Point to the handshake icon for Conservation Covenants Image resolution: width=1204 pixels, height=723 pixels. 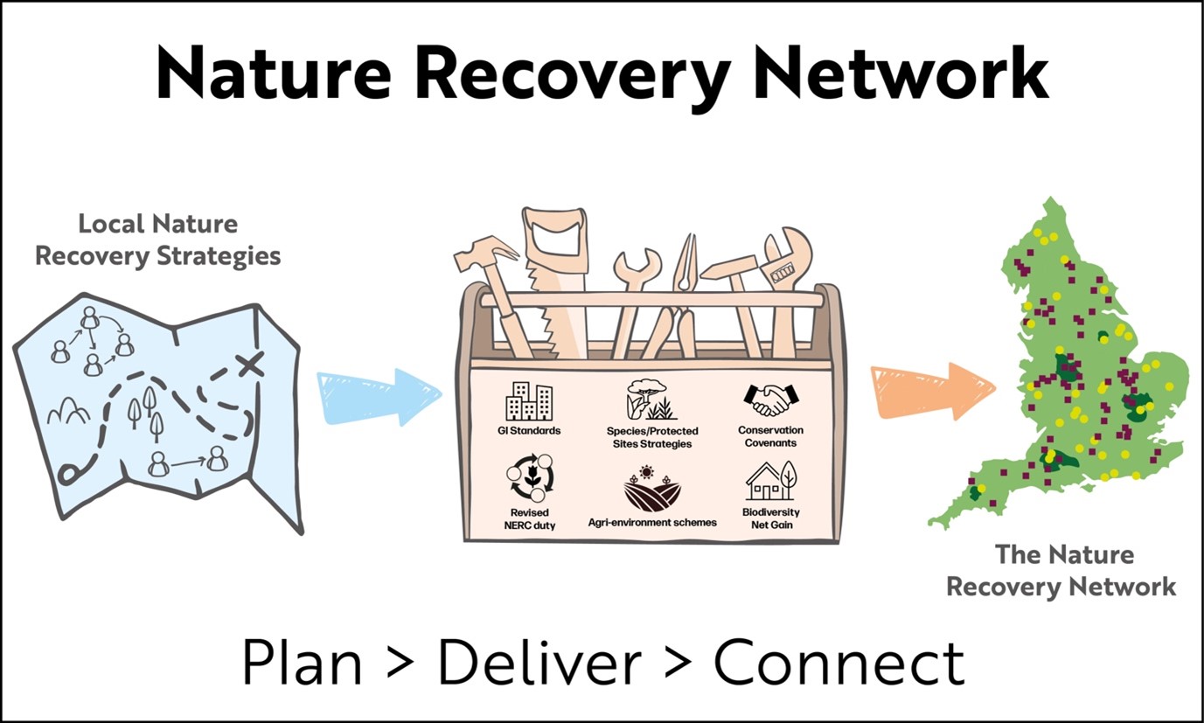[x=770, y=400]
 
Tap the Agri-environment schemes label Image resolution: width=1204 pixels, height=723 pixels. [x=652, y=522]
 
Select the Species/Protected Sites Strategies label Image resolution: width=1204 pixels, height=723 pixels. [x=652, y=437]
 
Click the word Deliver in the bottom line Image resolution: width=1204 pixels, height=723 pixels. [x=539, y=664]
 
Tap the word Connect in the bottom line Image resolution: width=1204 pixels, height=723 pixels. [x=839, y=664]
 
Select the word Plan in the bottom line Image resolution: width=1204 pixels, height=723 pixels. [x=301, y=664]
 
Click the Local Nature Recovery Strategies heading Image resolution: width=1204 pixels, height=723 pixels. [x=157, y=240]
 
